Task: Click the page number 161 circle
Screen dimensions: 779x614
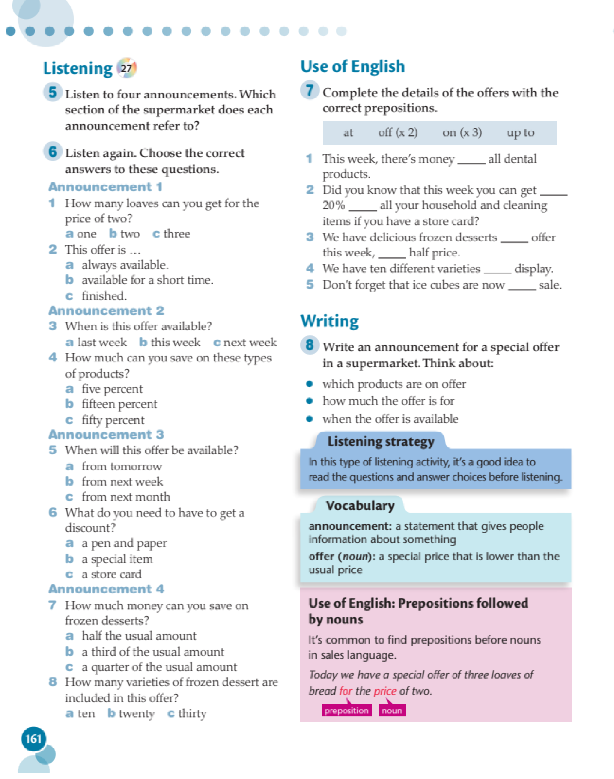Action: (33, 739)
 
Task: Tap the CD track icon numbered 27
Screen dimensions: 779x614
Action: (127, 68)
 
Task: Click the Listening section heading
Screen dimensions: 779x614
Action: (78, 68)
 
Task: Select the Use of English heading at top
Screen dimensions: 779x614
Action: (353, 67)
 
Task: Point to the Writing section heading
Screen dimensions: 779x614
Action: (330, 321)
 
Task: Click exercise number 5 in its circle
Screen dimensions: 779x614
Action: (53, 92)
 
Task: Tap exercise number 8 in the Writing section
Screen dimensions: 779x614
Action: (309, 345)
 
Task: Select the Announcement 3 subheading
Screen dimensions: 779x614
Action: (106, 435)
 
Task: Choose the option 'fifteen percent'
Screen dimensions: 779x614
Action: (119, 404)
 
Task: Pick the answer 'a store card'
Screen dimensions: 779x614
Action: (112, 574)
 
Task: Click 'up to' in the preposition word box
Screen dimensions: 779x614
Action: (520, 133)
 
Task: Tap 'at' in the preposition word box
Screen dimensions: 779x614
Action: (348, 133)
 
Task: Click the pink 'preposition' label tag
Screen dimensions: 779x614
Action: (346, 710)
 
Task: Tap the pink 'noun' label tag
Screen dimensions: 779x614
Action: (392, 710)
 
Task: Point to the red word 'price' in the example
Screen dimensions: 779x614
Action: (385, 691)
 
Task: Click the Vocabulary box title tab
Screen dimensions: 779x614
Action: (360, 506)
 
